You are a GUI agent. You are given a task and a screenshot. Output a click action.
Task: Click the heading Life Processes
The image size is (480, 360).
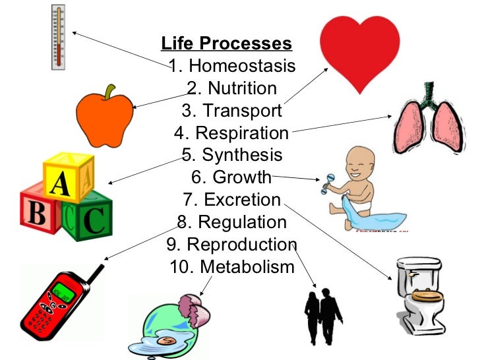pos(226,44)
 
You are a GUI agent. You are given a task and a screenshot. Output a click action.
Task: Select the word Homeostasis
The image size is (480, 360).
pos(242,67)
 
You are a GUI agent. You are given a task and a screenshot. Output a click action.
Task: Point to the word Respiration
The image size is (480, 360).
pos(242,133)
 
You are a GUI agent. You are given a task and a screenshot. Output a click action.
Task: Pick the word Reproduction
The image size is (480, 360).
pos(241,244)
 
